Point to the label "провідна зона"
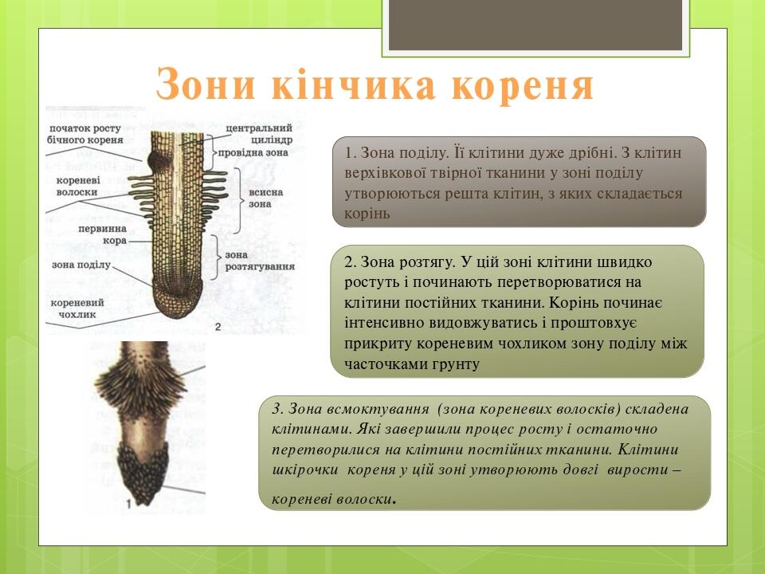click(x=257, y=151)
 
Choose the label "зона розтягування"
click(x=260, y=261)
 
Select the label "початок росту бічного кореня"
click(x=84, y=134)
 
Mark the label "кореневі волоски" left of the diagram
click(x=77, y=187)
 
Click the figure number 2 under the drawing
click(x=218, y=326)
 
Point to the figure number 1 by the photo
click(x=128, y=503)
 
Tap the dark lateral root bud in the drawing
click(x=156, y=159)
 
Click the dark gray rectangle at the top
click(x=535, y=24)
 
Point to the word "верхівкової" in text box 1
click(x=382, y=173)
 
